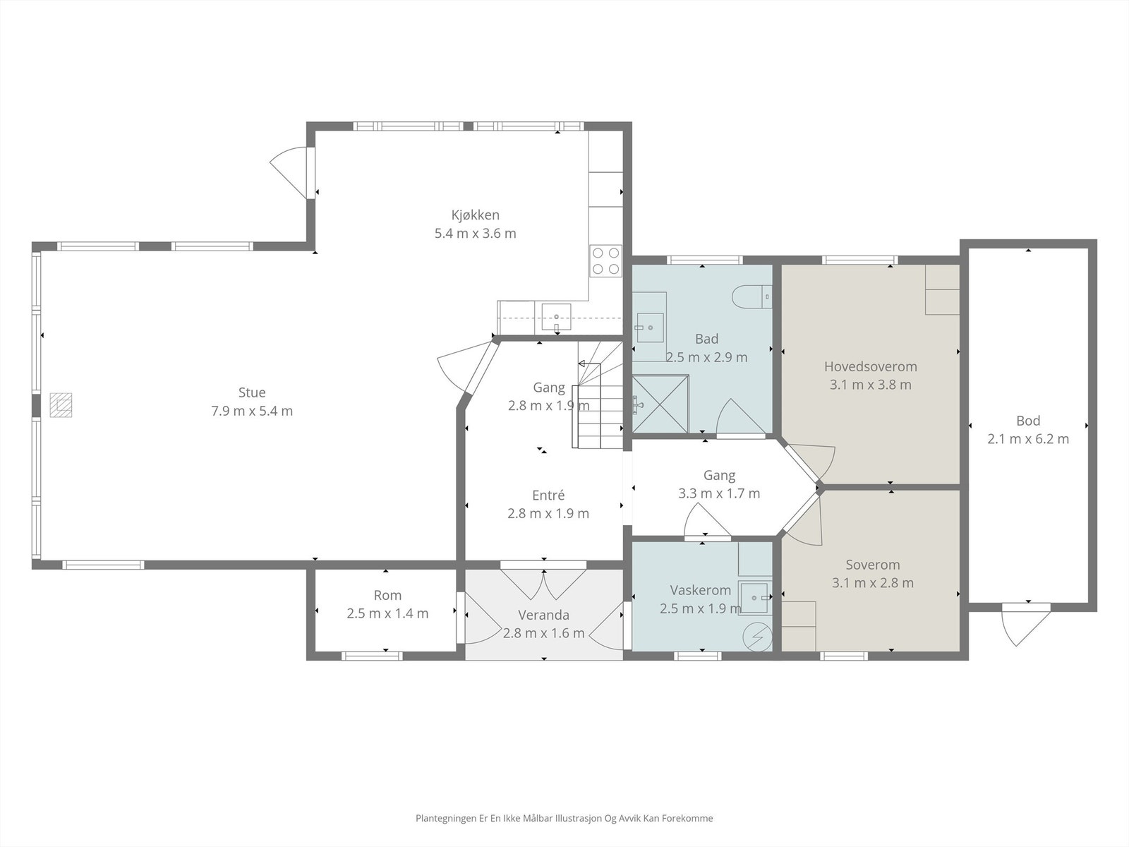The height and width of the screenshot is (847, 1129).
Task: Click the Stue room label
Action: click(252, 392)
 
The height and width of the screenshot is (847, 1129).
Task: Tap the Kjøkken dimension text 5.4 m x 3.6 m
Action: click(476, 234)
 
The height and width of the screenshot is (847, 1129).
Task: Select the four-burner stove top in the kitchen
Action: click(606, 260)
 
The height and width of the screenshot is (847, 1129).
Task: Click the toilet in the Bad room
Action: click(751, 296)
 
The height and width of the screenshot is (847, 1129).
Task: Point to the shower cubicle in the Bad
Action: click(660, 404)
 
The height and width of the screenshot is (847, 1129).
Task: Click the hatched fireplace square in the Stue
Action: click(61, 404)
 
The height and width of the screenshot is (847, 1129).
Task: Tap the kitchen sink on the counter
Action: click(556, 316)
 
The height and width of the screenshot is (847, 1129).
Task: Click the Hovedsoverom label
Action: click(870, 366)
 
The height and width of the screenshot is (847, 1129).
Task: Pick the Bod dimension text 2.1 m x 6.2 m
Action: click(1028, 439)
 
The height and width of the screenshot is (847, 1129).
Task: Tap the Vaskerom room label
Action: click(701, 590)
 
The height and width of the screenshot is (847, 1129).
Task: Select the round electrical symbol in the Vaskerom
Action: click(757, 637)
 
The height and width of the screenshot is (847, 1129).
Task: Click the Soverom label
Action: click(873, 565)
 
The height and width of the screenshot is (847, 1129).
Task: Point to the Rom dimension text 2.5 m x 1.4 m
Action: click(387, 613)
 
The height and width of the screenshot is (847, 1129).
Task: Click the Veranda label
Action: click(543, 615)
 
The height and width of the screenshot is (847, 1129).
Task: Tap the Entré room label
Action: click(548, 495)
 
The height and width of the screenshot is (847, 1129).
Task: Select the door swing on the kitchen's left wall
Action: click(289, 173)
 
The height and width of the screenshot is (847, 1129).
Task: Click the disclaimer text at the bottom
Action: click(564, 818)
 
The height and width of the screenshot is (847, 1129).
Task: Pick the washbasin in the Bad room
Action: click(650, 327)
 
